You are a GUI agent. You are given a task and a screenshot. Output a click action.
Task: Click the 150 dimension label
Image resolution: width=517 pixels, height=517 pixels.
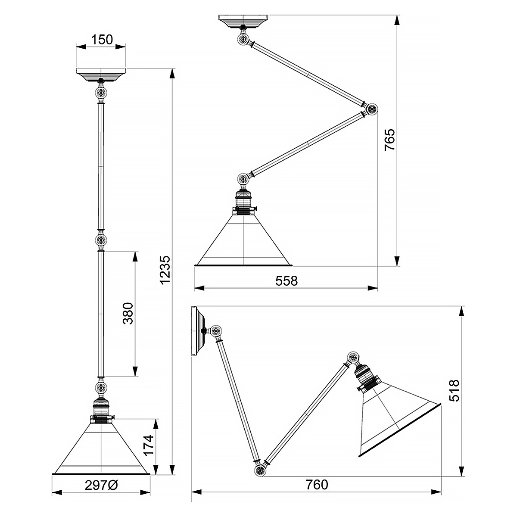(102, 40)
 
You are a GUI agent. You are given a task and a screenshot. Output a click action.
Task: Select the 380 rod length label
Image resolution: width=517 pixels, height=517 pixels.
(128, 313)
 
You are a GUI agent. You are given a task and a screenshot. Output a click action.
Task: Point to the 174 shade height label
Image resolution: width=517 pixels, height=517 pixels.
(148, 445)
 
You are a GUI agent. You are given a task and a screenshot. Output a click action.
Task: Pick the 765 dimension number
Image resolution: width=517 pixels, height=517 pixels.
(389, 140)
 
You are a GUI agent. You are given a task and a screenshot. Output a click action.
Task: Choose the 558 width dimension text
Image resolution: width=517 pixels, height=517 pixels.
(287, 281)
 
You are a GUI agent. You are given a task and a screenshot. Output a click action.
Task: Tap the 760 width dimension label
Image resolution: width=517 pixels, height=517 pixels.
(317, 485)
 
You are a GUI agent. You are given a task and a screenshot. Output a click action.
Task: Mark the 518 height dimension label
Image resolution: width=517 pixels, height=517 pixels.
(454, 390)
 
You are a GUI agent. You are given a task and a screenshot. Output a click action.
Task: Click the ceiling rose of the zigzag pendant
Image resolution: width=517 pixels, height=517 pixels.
(243, 22)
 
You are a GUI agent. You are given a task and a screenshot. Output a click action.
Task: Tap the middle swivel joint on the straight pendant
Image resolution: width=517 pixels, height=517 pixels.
(101, 240)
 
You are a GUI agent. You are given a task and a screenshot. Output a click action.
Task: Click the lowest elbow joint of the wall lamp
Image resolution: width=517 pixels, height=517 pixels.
(260, 470)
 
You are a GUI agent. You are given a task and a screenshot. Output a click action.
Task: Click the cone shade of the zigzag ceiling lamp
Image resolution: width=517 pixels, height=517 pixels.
(243, 240)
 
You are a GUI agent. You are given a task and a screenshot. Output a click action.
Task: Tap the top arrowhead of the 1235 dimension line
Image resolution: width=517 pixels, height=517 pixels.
(172, 73)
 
